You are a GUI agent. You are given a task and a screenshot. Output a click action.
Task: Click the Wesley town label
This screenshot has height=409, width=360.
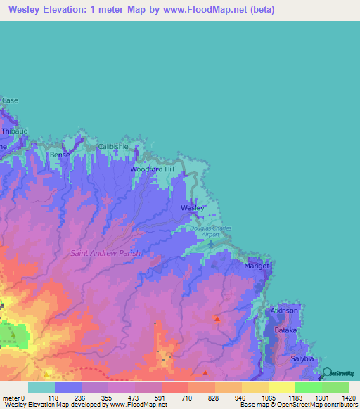coord(192,209)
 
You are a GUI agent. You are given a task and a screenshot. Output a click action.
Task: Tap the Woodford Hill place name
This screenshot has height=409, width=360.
coord(151,169)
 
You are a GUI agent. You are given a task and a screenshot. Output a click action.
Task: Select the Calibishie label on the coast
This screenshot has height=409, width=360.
coord(114,146)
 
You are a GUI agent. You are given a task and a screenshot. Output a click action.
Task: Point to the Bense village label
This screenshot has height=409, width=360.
coord(60,154)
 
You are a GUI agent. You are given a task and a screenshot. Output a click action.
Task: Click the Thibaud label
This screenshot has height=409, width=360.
coord(13,131)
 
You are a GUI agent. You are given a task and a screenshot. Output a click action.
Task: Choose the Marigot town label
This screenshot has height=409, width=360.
coord(257,267)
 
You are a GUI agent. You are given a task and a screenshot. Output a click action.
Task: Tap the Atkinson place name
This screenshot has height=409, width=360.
coord(285,310)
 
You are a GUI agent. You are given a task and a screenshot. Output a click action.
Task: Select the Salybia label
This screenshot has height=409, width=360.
coord(303,358)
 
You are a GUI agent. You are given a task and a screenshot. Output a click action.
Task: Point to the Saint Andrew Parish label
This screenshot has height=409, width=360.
coord(105,253)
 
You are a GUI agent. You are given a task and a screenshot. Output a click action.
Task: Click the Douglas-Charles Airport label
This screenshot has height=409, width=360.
coord(210,232)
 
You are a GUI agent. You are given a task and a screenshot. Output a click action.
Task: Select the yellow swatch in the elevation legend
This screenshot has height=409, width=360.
coord(281,387)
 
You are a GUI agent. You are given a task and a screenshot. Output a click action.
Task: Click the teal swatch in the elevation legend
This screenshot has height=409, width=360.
coord(41,387)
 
